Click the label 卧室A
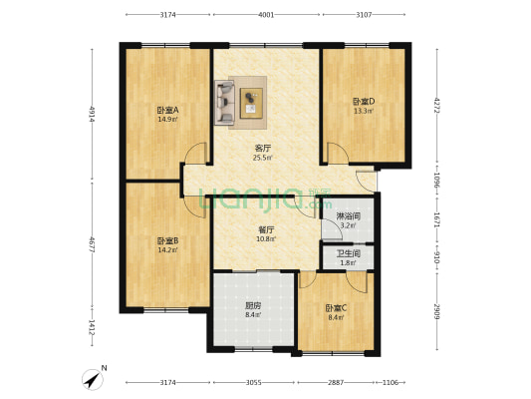point(165,110)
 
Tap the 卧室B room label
point(166,240)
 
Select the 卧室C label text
point(335,307)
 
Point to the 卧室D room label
point(363,101)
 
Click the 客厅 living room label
point(263,148)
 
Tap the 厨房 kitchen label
point(253,305)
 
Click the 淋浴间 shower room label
point(348,215)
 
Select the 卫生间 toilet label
point(348,253)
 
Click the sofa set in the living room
point(240,101)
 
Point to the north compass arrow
point(94,379)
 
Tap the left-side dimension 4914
point(92,113)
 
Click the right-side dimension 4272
point(437,105)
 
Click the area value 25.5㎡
point(263,158)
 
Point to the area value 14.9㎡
point(165,119)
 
